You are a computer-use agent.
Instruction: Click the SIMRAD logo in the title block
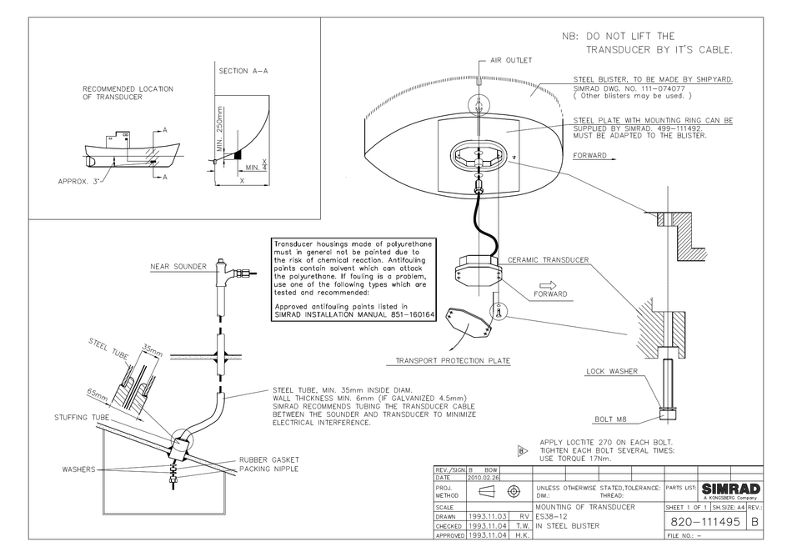pos(730,488)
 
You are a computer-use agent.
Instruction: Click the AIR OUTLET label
pos(510,61)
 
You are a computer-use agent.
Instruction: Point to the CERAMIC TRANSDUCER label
pos(548,260)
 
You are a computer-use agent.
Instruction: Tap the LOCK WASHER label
pos(611,371)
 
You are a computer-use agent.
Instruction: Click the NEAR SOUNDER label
pos(178,267)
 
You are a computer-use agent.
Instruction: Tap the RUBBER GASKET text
pos(269,460)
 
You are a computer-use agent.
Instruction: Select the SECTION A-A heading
pos(243,72)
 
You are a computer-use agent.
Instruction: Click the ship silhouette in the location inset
pos(133,152)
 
